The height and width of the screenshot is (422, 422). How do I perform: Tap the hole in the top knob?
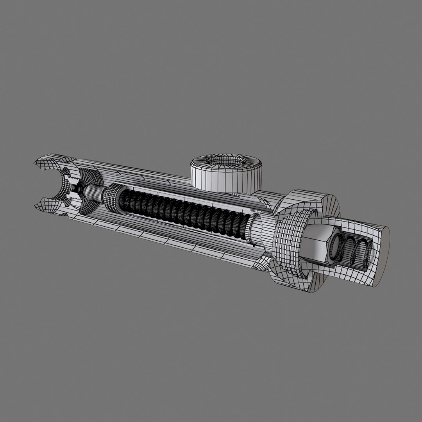[225, 161]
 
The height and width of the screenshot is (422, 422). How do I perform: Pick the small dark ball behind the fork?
[79, 190]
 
